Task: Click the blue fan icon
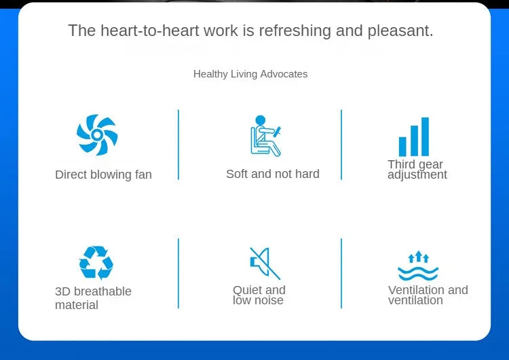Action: pos(97,134)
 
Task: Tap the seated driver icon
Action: pos(265,136)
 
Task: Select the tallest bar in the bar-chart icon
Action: pos(425,137)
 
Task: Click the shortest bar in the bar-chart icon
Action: pos(402,147)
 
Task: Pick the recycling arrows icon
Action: pos(96,262)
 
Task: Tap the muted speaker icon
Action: pos(265,263)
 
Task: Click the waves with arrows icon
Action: pos(418,266)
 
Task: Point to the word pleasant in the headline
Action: pos(400,31)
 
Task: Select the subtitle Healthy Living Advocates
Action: pos(250,74)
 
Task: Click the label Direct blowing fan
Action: pos(104,175)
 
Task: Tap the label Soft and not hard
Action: pos(273,174)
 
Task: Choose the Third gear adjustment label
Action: pos(417,169)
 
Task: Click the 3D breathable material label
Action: pos(93,298)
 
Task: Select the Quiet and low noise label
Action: pos(259,295)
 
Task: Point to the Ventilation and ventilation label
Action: pos(428,295)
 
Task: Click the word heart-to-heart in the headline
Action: pos(150,31)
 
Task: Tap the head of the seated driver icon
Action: pos(261,120)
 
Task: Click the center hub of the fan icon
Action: pos(97,134)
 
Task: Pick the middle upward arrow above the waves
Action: pos(419,256)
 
